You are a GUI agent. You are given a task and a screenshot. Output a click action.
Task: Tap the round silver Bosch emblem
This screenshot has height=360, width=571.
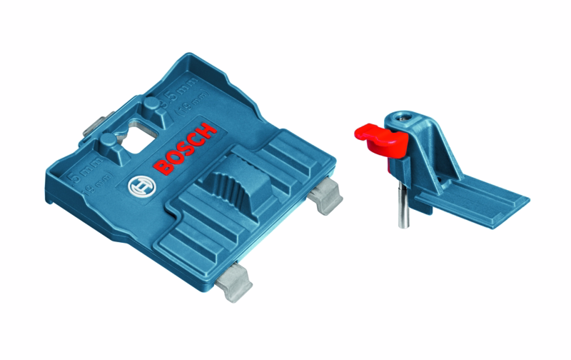139,188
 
